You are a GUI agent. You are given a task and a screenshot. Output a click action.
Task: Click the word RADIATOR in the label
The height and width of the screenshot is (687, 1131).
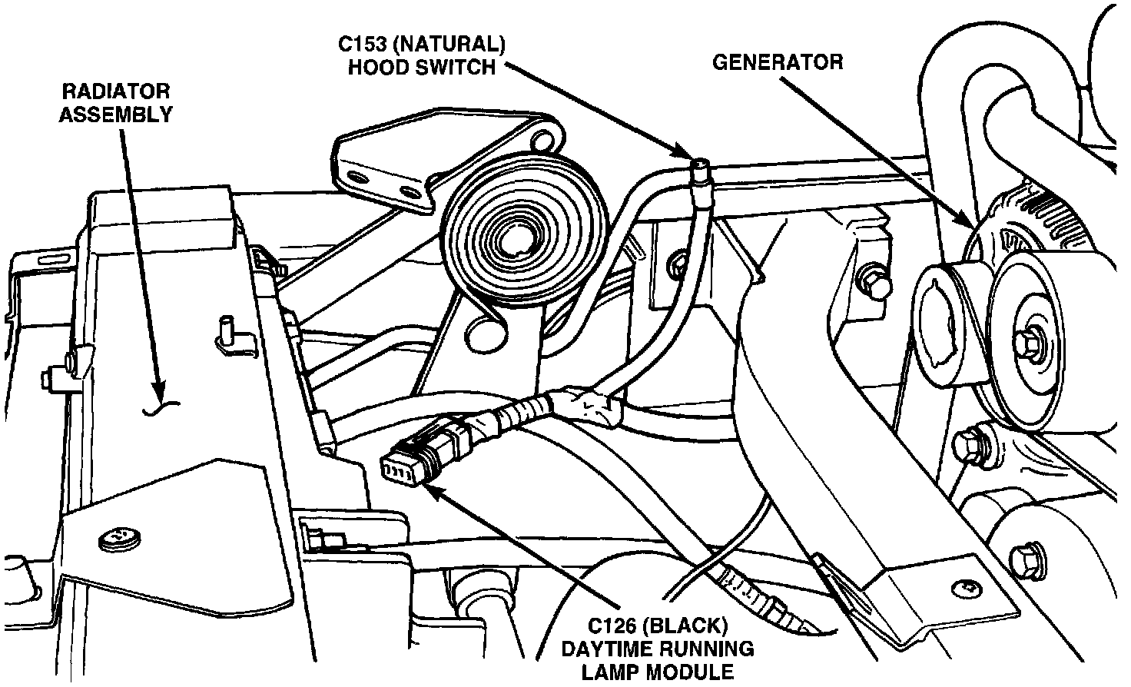click(115, 91)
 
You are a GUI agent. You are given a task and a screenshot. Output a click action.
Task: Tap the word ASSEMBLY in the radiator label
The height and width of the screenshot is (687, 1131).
click(116, 114)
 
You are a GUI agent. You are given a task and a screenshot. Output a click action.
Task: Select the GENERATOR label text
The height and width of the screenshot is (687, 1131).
click(778, 62)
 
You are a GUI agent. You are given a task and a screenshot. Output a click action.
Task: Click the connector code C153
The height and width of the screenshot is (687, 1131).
click(362, 45)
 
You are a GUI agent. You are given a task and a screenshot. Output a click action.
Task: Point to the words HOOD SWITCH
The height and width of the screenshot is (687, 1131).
click(422, 67)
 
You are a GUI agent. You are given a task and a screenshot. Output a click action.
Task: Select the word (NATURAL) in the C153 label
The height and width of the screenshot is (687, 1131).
click(449, 45)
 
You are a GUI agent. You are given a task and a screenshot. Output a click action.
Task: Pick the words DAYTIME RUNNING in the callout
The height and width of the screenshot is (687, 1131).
click(658, 649)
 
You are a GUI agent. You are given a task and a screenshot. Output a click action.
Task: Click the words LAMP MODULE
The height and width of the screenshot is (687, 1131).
click(658, 672)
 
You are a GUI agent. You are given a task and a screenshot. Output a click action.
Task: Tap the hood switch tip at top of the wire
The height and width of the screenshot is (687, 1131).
click(700, 167)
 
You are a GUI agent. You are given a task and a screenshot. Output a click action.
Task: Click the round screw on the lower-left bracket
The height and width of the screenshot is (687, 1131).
click(119, 539)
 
